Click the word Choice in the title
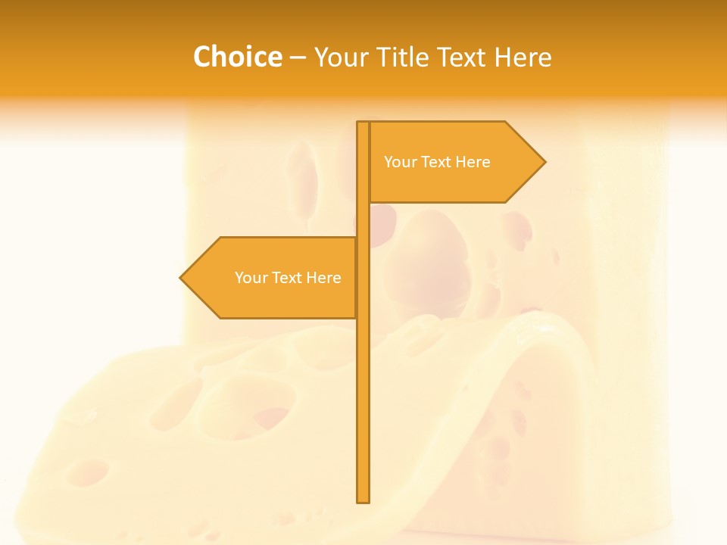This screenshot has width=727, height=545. [x=237, y=58]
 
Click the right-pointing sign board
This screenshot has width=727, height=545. [x=454, y=162]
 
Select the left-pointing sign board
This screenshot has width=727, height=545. [x=273, y=278]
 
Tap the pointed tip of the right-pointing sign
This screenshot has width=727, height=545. [x=544, y=162]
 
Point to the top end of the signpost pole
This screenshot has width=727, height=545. [x=363, y=123]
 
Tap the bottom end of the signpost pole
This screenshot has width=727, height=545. [x=363, y=500]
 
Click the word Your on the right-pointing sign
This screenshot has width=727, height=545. [x=400, y=162]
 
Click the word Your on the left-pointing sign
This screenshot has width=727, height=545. [x=251, y=278]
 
